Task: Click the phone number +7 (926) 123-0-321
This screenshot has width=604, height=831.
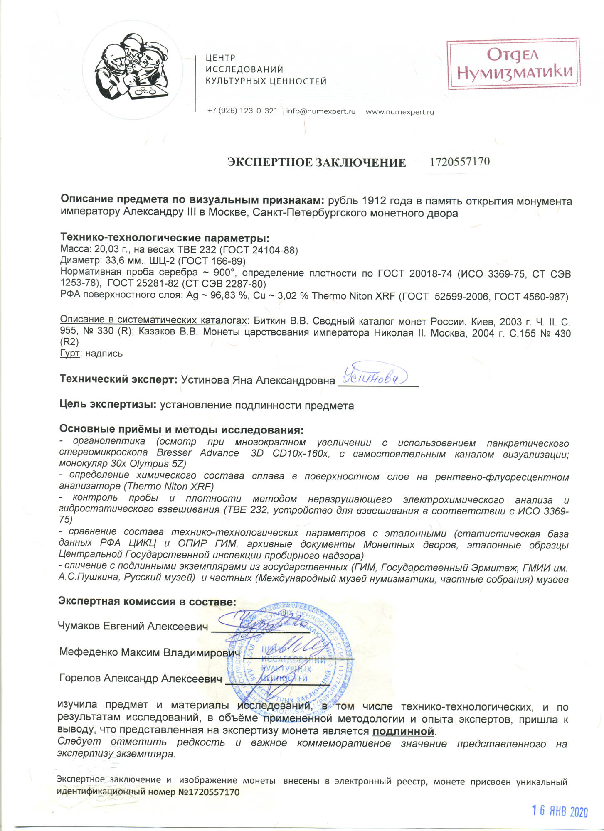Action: pyautogui.click(x=242, y=111)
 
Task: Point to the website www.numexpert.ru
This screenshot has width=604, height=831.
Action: pyautogui.click(x=399, y=112)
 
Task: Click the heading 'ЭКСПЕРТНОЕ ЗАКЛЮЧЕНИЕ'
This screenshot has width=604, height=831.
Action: pyautogui.click(x=316, y=162)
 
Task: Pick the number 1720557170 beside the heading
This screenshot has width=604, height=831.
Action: pyautogui.click(x=460, y=161)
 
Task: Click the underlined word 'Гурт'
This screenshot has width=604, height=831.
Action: pyautogui.click(x=70, y=354)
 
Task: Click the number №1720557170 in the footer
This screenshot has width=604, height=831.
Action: pyautogui.click(x=209, y=792)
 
